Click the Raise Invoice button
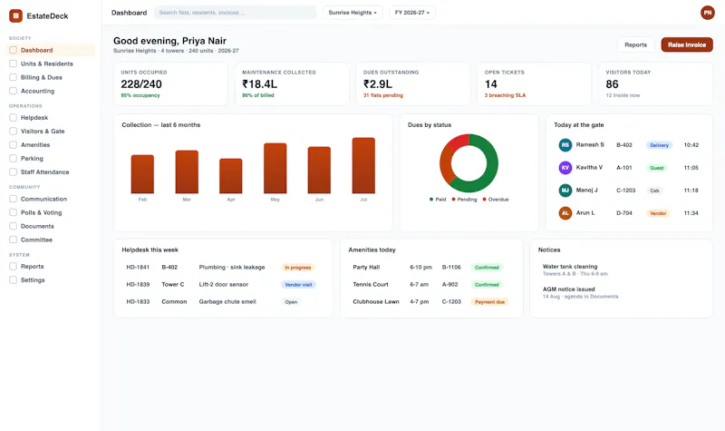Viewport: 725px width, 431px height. [x=687, y=44]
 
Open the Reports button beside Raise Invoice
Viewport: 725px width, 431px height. [x=636, y=44]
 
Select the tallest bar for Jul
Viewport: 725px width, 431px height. [x=363, y=165]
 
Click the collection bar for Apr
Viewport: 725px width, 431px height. [x=231, y=176]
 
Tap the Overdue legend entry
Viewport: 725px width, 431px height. [x=496, y=200]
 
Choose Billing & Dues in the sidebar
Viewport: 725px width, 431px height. [x=41, y=77]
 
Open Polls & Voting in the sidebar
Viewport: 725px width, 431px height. [x=41, y=212]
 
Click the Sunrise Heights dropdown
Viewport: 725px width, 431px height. [x=353, y=13]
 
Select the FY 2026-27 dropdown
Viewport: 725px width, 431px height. [x=412, y=13]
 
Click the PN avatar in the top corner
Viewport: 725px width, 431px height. [x=708, y=13]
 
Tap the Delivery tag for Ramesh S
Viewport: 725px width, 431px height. [x=659, y=145]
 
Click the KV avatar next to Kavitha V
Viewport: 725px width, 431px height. [x=565, y=168]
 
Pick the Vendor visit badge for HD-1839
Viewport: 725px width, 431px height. [x=298, y=285]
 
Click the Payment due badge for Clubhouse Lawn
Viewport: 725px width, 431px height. [x=489, y=302]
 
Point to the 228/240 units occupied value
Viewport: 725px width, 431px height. [x=141, y=84]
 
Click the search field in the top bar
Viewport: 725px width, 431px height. [x=235, y=13]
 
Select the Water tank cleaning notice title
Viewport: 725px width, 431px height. [x=570, y=267]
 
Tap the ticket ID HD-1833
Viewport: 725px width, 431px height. [x=138, y=302]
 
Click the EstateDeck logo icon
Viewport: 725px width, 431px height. [x=15, y=15]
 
